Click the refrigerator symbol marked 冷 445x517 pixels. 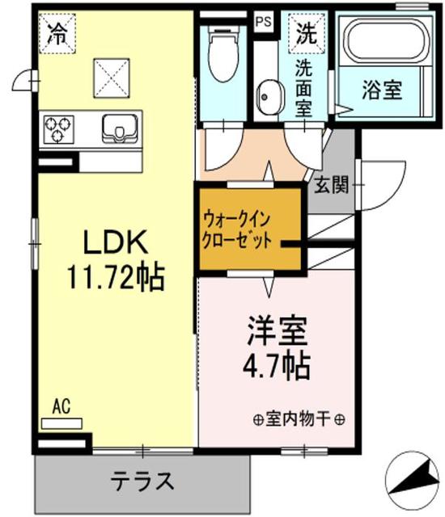coord(57,35)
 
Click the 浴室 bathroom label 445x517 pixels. coord(381,90)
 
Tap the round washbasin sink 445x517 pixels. coord(267,99)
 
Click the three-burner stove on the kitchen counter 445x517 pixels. coord(57,128)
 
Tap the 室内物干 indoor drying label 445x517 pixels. coord(299,419)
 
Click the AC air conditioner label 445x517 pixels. coord(61,406)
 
